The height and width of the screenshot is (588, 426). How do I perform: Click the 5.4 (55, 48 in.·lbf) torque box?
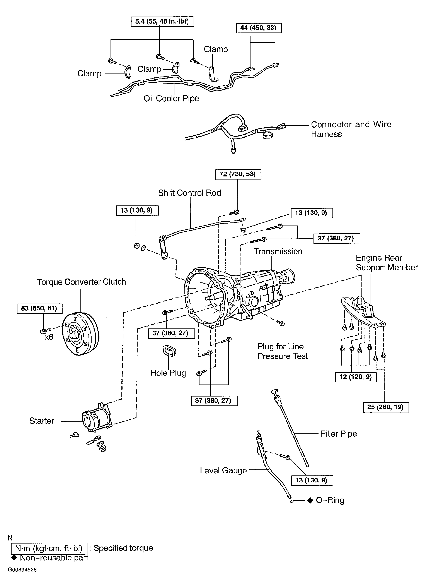[162, 21]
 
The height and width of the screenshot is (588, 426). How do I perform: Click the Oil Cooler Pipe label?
[171, 99]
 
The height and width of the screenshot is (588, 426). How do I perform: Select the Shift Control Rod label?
[189, 193]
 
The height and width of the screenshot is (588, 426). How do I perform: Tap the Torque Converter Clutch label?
[81, 282]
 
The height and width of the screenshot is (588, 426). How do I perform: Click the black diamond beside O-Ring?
[310, 500]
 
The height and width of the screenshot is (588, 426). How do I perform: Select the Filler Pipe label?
[338, 434]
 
